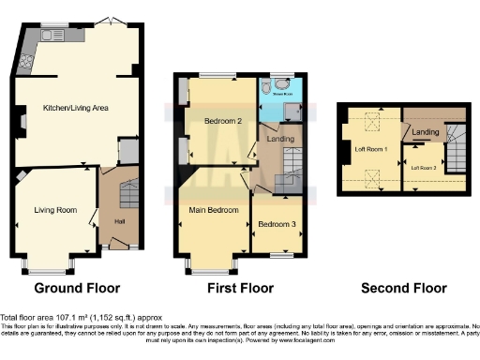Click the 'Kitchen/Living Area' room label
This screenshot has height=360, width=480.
(x=75, y=109)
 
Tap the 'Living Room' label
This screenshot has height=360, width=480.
(x=55, y=210)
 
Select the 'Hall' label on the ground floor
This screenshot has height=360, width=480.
(x=119, y=221)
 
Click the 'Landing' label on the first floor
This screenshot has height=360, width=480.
(x=280, y=140)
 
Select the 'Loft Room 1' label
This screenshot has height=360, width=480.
(x=368, y=147)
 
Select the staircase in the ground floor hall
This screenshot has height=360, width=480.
(x=128, y=193)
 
